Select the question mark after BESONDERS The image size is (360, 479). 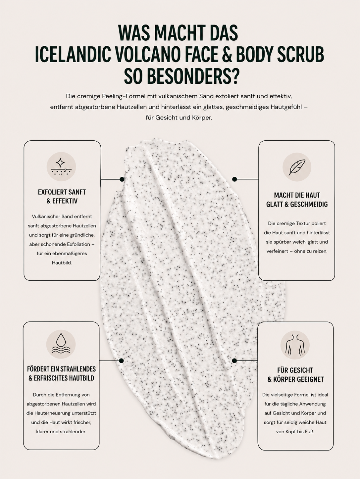(x=233, y=77)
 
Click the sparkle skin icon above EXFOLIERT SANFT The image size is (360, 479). (x=61, y=167)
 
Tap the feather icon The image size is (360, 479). (x=297, y=167)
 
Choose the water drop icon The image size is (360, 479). (x=61, y=344)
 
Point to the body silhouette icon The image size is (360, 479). (x=295, y=345)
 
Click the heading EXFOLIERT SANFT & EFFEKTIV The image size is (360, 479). (x=62, y=196)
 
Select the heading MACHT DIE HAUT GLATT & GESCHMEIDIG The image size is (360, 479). (x=297, y=200)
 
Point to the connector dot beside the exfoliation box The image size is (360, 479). (x=122, y=179)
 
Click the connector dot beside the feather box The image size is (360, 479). (x=234, y=179)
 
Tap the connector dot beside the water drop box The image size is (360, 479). (x=122, y=361)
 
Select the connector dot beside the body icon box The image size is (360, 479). (x=234, y=361)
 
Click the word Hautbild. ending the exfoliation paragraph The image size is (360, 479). (x=62, y=263)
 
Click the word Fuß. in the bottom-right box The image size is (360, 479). (x=309, y=431)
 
